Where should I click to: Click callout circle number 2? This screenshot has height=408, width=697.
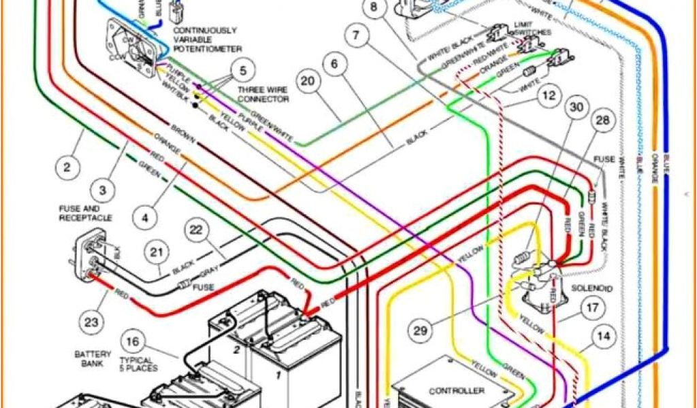(x=67, y=166)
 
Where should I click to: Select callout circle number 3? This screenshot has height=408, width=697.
(x=103, y=190)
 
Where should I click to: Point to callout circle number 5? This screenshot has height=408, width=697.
(x=243, y=69)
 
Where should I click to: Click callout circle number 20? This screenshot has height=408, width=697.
(x=308, y=82)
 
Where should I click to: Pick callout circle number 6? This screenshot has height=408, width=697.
(x=334, y=65)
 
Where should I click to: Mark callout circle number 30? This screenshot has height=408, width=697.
(x=578, y=108)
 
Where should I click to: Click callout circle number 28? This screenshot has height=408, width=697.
(x=602, y=120)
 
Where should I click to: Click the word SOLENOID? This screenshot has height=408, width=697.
(x=592, y=289)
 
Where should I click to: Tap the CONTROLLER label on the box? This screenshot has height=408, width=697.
(x=457, y=390)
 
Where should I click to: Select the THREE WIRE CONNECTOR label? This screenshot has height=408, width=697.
(x=263, y=95)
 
